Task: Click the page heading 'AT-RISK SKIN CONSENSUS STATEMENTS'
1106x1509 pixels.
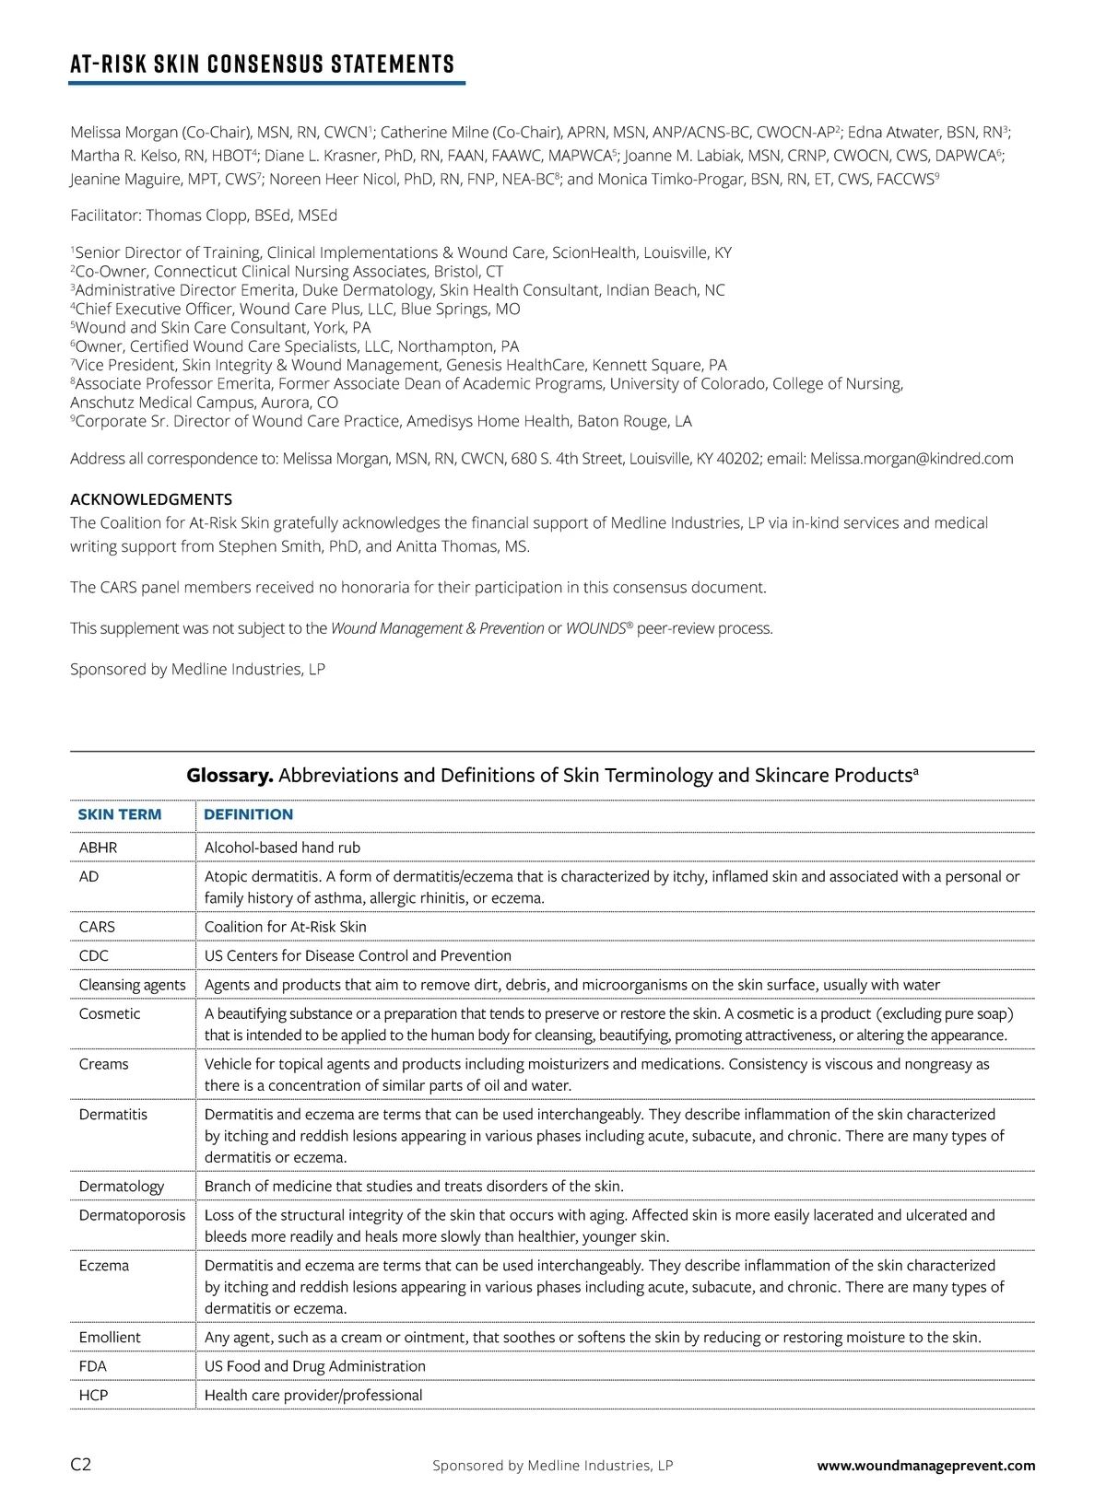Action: tap(263, 64)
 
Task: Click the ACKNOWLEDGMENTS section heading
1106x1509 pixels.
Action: tap(151, 499)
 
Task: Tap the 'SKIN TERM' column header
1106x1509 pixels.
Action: tap(120, 814)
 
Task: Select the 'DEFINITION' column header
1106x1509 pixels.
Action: tap(249, 814)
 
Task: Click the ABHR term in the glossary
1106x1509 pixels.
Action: tap(99, 848)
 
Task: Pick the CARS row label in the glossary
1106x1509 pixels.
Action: tap(97, 927)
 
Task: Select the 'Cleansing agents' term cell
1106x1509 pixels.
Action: tap(133, 985)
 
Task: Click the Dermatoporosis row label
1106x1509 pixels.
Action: tap(132, 1215)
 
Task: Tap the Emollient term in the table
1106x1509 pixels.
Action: tap(110, 1337)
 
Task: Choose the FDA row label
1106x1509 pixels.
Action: tap(93, 1366)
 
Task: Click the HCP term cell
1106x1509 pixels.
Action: tap(94, 1395)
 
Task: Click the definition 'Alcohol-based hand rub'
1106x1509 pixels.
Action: tap(282, 848)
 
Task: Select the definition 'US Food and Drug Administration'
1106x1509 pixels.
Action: tap(315, 1366)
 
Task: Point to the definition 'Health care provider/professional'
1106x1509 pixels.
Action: tap(313, 1395)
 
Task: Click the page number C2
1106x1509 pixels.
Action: tap(81, 1465)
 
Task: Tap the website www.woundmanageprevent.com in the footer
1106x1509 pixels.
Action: tap(926, 1466)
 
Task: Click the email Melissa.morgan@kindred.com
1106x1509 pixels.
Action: tap(912, 459)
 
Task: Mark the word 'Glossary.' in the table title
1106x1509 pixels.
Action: tap(229, 776)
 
